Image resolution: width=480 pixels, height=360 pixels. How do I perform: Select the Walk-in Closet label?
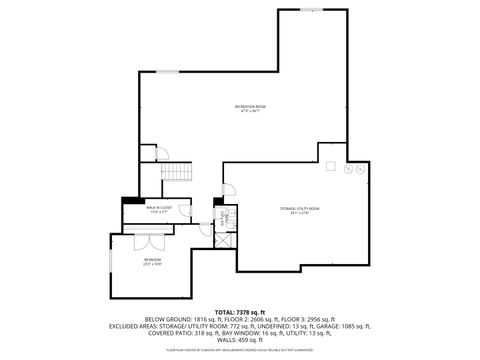point(160,211)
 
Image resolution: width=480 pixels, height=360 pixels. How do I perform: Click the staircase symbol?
point(178,172)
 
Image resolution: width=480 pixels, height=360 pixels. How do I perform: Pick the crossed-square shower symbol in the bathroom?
point(224,238)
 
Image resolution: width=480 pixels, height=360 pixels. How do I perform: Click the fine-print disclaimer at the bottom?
point(240,351)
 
